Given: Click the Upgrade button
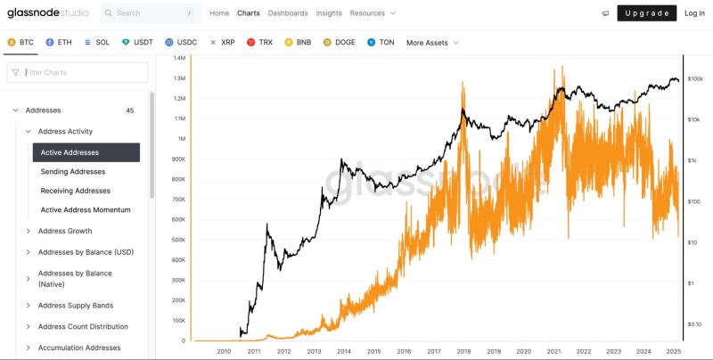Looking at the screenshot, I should pos(646,13).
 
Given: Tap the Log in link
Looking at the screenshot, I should pos(694,13).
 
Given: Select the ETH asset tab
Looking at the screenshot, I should pos(59,42).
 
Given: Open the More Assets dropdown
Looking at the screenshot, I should pos(432,42).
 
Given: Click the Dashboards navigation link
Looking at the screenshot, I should pos(288,13).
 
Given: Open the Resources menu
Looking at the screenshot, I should pos(373,13).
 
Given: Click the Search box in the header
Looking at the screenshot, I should pos(151,13).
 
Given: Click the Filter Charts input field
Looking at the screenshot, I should pos(78,72).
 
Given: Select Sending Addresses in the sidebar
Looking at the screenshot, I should pos(73,171).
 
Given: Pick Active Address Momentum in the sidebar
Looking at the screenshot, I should pos(86,209).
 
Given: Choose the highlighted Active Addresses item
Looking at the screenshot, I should pos(86,152).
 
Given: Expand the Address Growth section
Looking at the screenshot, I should pos(65,231).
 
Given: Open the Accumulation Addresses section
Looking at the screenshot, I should pos(79,348).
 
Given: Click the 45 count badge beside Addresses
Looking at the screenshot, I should pos(130,110).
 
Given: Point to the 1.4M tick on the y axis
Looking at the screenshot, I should pos(179,58).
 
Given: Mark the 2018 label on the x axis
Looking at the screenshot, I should pos(463,351).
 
